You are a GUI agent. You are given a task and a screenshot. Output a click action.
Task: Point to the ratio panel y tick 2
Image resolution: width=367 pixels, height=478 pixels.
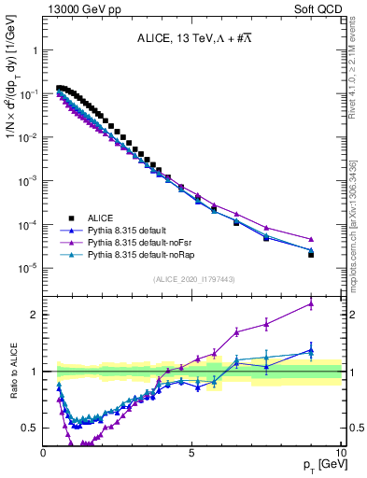35,315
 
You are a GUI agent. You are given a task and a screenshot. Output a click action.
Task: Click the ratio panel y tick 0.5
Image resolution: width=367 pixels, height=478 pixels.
31,428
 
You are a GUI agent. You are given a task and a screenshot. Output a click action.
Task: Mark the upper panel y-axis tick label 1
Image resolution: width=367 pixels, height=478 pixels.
35,50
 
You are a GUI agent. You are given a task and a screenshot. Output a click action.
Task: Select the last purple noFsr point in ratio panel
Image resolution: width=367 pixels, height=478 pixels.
311,303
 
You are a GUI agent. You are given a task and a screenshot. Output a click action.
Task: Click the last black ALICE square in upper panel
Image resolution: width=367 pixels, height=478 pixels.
311,254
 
